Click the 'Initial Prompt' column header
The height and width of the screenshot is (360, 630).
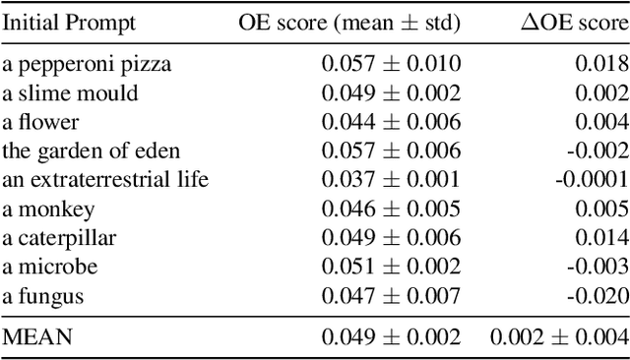[x=69, y=23]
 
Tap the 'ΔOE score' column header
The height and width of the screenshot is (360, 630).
[x=573, y=23]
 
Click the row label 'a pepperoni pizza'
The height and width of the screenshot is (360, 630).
[x=87, y=65]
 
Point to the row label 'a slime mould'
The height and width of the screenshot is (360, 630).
[x=70, y=93]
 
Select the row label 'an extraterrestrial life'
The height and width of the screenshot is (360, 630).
[x=105, y=179]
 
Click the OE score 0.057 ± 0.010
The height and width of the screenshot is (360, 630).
[x=390, y=65]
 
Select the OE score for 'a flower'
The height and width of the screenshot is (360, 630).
[x=390, y=122]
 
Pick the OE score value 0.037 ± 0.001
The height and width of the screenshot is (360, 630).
[x=390, y=179]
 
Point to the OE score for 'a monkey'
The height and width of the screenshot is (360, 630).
[x=390, y=209]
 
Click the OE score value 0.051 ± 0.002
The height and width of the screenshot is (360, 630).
[x=390, y=267]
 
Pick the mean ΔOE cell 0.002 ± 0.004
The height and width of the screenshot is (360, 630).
[x=558, y=336]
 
